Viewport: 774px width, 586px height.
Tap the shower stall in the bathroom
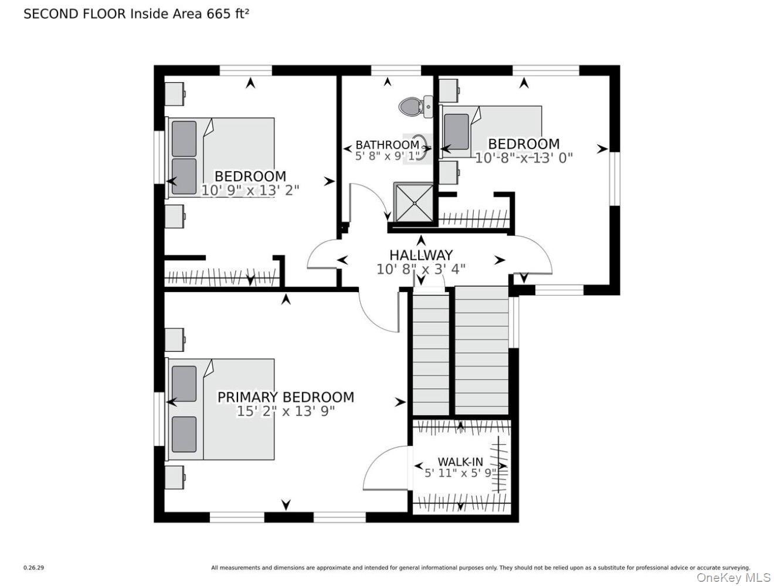click(415, 203)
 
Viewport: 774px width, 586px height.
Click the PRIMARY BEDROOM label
click(286, 397)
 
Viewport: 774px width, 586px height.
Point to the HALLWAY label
click(421, 255)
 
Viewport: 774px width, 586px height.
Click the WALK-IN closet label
click(460, 462)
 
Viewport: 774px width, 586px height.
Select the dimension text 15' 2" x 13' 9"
click(286, 411)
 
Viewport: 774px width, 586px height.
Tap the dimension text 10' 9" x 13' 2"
click(250, 190)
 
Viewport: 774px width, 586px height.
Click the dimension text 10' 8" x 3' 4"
click(421, 269)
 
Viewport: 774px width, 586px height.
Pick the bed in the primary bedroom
click(223, 409)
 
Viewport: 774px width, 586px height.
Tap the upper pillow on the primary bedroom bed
click(184, 384)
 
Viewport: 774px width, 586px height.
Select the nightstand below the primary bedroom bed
click(175, 477)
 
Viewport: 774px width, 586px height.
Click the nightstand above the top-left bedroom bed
click(175, 94)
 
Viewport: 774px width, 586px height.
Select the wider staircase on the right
click(481, 351)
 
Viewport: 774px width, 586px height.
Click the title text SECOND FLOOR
click(74, 14)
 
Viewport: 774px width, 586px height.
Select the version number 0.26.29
click(33, 568)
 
